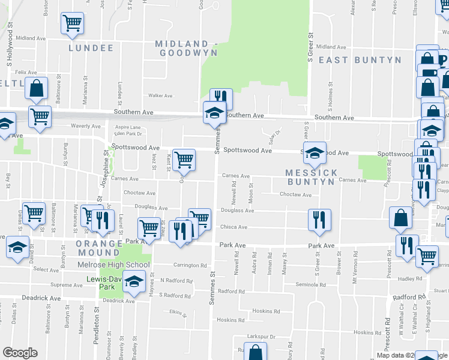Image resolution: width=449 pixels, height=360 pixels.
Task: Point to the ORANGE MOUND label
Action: (x=100, y=244)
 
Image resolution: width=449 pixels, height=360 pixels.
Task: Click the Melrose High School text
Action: (x=113, y=265)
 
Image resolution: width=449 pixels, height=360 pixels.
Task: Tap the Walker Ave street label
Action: (x=160, y=95)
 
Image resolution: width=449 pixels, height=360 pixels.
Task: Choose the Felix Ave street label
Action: (x=26, y=72)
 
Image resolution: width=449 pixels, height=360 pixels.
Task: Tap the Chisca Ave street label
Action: (x=235, y=227)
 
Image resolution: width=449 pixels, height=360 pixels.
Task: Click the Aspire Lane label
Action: (x=126, y=127)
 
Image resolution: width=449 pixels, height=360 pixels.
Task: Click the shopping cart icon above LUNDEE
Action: (x=72, y=23)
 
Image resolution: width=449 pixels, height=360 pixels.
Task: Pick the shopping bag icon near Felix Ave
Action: (x=37, y=88)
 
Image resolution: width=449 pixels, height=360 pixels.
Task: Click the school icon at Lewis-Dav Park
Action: (x=136, y=281)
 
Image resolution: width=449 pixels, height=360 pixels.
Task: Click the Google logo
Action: (x=20, y=353)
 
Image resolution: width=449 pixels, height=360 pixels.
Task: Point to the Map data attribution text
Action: (x=396, y=355)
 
